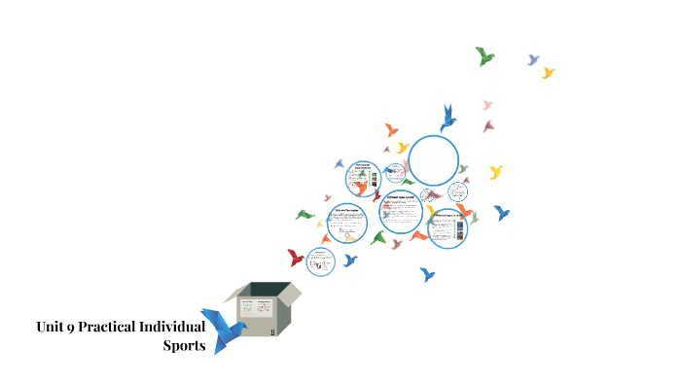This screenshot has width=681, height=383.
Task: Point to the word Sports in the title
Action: click(x=185, y=347)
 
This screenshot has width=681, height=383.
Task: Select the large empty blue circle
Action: click(x=433, y=160)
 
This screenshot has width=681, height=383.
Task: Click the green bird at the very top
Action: click(x=484, y=56)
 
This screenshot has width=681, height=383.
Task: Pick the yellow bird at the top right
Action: click(x=549, y=73)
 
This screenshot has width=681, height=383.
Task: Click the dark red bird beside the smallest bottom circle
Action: click(x=295, y=258)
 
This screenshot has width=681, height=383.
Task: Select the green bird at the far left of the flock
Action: click(x=305, y=215)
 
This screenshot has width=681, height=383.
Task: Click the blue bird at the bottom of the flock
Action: click(x=427, y=275)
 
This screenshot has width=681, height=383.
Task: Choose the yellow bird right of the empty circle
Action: click(x=496, y=172)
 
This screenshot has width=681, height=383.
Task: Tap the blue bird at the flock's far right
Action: click(x=502, y=212)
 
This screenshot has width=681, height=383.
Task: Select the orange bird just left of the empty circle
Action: click(x=392, y=130)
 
